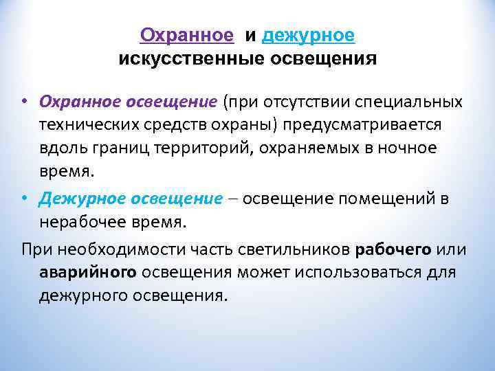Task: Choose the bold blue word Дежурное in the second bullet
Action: pyautogui.click(x=82, y=199)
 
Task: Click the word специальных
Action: pyautogui.click(x=408, y=102)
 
